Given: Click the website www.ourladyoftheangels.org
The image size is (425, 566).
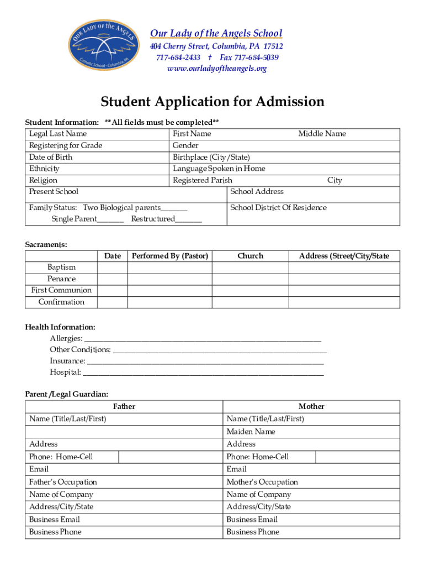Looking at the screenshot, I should click(x=216, y=69).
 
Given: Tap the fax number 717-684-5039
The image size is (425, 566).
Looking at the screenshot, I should click(x=249, y=57).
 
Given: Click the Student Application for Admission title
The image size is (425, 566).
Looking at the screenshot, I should click(x=212, y=102).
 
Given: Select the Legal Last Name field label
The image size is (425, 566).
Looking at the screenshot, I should click(x=58, y=134).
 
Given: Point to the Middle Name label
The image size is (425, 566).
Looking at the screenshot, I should click(x=322, y=134).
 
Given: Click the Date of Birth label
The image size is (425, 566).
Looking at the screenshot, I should click(x=51, y=157).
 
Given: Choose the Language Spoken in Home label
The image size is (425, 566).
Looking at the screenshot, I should click(x=219, y=169).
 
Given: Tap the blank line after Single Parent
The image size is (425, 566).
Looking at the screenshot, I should click(x=111, y=219).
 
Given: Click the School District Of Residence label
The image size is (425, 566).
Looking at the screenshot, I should click(x=278, y=208).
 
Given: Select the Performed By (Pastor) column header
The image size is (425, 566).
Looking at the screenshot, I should click(x=170, y=256).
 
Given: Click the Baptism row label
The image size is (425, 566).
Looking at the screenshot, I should click(x=61, y=268).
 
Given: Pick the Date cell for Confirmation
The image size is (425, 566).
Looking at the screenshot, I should click(x=113, y=302).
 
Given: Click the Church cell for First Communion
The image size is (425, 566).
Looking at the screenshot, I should click(x=251, y=291).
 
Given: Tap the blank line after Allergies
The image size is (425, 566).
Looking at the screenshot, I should click(x=202, y=339).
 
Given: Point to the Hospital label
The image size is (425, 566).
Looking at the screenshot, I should click(x=65, y=373).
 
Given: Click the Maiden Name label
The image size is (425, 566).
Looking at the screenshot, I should click(x=251, y=432).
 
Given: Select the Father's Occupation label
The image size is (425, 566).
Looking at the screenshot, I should click(x=63, y=483).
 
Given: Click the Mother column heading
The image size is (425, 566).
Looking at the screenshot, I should click(x=312, y=407).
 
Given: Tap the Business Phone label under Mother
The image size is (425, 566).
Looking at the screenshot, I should click(x=253, y=532).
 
